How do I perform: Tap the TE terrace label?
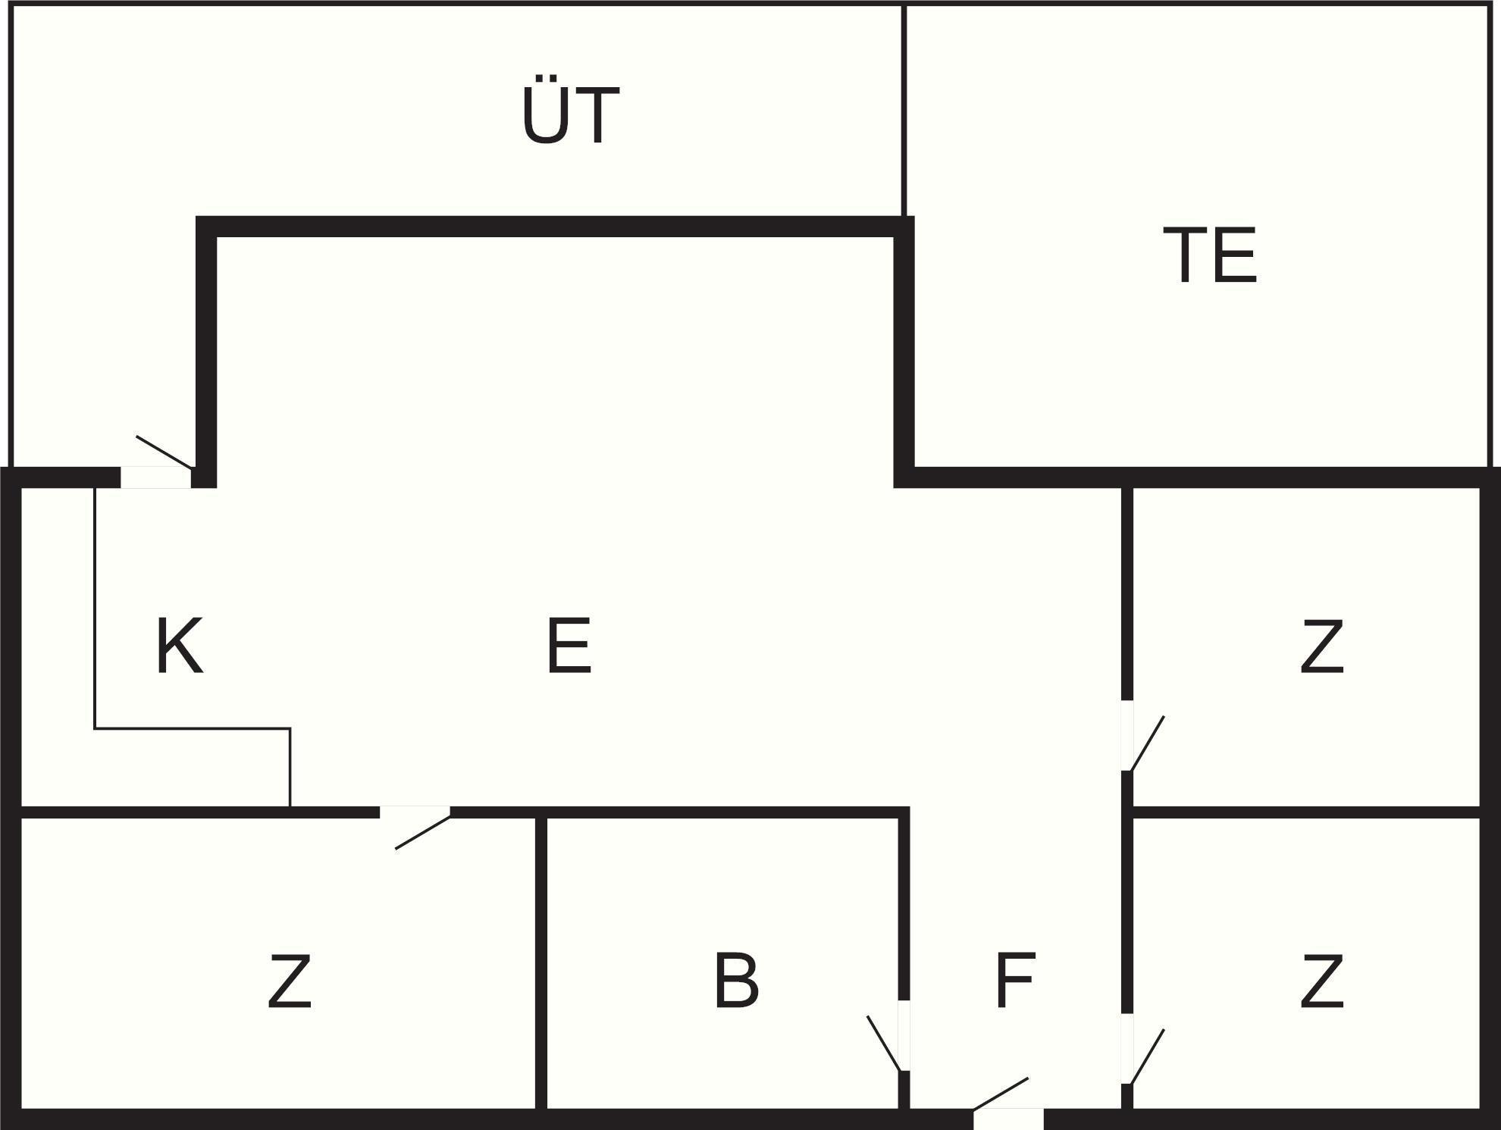pyautogui.click(x=1210, y=255)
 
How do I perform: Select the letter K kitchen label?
pyautogui.click(x=180, y=646)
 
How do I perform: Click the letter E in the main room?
pyautogui.click(x=569, y=646)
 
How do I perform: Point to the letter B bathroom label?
pyautogui.click(x=736, y=981)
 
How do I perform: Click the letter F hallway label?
pyautogui.click(x=1015, y=981)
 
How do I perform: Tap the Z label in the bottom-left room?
pyautogui.click(x=290, y=981)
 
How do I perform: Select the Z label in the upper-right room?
pyautogui.click(x=1322, y=646)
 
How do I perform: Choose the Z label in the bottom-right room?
pyautogui.click(x=1322, y=981)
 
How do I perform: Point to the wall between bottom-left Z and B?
pyautogui.click(x=541, y=963)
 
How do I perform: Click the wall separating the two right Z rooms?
pyautogui.click(x=1304, y=812)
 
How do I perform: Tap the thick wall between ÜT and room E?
pyautogui.click(x=553, y=227)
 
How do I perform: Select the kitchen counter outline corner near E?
pyautogui.click(x=290, y=729)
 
